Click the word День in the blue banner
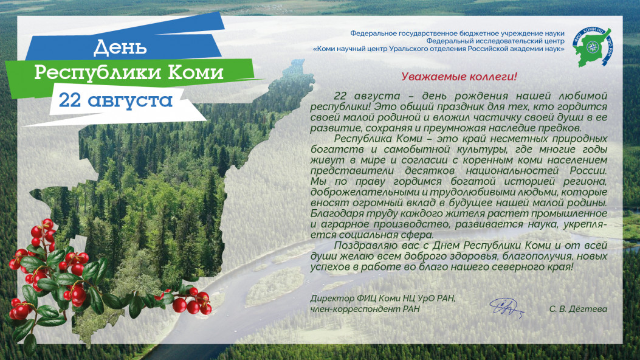[x=120, y=47]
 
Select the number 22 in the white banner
[x=71, y=100]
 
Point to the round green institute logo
[x=591, y=47]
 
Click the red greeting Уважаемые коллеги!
[x=459, y=77]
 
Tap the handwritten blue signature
[x=506, y=308]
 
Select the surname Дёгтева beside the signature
[x=587, y=309]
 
